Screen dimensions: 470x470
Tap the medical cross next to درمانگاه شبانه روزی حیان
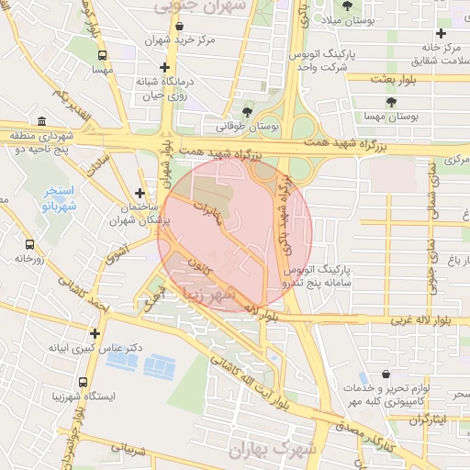164,68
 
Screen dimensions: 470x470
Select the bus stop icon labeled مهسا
99,54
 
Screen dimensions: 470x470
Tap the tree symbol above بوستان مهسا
392,102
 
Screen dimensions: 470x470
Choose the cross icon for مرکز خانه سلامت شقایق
442,34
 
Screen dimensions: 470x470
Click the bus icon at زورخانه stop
30,245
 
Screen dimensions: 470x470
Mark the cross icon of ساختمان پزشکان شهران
140,193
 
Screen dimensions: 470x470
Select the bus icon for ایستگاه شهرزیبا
84,381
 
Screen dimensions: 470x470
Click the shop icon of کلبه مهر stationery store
386,375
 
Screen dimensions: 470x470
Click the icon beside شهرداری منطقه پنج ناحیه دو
42,121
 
